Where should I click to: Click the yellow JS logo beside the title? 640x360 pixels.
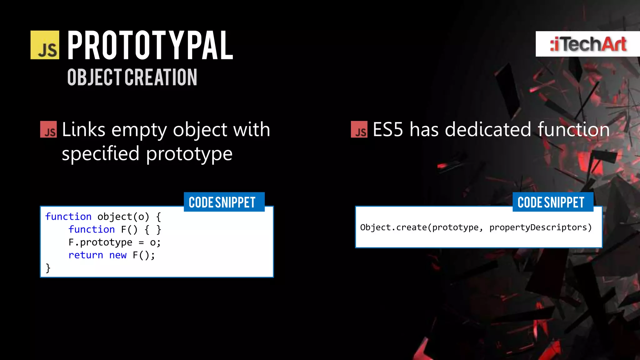tap(45, 45)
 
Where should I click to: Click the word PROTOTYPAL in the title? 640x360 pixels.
tap(150, 45)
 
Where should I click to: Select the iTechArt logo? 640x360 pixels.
tap(588, 44)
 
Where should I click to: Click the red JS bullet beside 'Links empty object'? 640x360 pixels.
tap(48, 129)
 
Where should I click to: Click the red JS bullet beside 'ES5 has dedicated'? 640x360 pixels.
tap(359, 129)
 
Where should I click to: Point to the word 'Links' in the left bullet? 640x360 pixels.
tap(83, 129)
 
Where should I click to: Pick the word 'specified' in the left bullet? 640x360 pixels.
tap(100, 154)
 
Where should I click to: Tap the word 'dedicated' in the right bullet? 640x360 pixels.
tap(488, 129)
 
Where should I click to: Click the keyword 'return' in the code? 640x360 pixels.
tap(86, 255)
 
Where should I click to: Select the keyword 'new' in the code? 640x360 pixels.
tap(118, 255)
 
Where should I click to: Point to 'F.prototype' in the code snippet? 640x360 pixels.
tap(100, 242)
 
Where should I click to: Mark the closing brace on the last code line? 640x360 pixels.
tap(48, 268)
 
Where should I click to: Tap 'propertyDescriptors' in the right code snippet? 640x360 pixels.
tap(540, 227)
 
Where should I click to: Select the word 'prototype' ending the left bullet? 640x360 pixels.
tap(189, 154)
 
